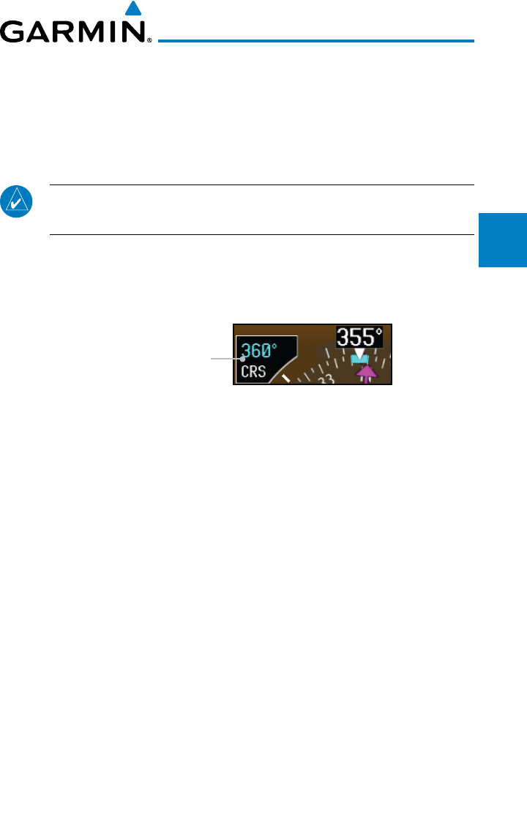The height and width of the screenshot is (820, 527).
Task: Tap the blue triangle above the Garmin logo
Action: tap(132, 9)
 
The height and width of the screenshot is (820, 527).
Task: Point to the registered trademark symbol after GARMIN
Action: tap(149, 41)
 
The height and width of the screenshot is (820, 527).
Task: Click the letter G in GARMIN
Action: tap(15, 33)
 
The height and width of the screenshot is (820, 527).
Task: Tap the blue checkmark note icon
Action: tap(16, 202)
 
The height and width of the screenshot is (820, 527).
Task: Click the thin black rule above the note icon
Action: tap(261, 185)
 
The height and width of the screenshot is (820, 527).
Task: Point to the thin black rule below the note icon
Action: tap(261, 235)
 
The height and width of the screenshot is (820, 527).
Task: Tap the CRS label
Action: tap(253, 372)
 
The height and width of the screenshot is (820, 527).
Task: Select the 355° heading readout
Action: tap(359, 338)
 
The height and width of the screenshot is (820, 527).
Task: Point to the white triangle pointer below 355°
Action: tap(359, 356)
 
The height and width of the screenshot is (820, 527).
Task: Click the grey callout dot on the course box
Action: tap(242, 358)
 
